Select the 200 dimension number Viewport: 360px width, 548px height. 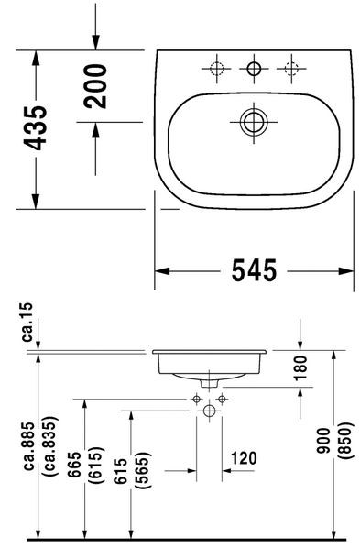(96, 86)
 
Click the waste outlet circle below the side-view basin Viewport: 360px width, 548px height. (209, 413)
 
